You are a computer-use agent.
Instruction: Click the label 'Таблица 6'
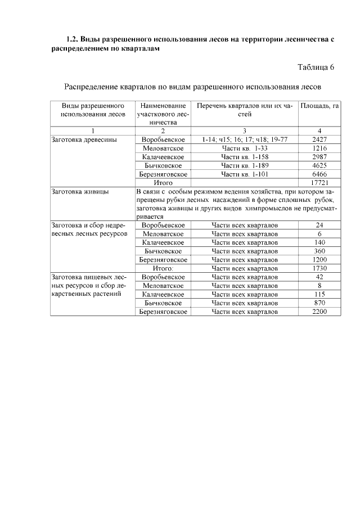click(x=316, y=67)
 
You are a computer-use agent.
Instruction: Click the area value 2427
click(x=319, y=139)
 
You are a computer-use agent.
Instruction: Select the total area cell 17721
click(x=319, y=183)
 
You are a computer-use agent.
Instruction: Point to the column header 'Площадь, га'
click(x=319, y=106)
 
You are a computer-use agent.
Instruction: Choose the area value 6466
click(x=319, y=174)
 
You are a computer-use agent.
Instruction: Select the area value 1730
click(x=319, y=268)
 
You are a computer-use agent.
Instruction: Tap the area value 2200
click(x=319, y=311)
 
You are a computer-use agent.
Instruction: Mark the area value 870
click(x=319, y=303)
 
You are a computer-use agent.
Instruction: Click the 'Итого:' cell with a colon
click(x=163, y=268)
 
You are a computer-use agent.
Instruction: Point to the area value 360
click(x=319, y=251)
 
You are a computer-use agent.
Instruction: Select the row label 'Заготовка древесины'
click(x=84, y=139)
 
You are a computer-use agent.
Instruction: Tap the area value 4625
click(x=319, y=165)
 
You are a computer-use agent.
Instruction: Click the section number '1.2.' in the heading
click(x=71, y=40)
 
